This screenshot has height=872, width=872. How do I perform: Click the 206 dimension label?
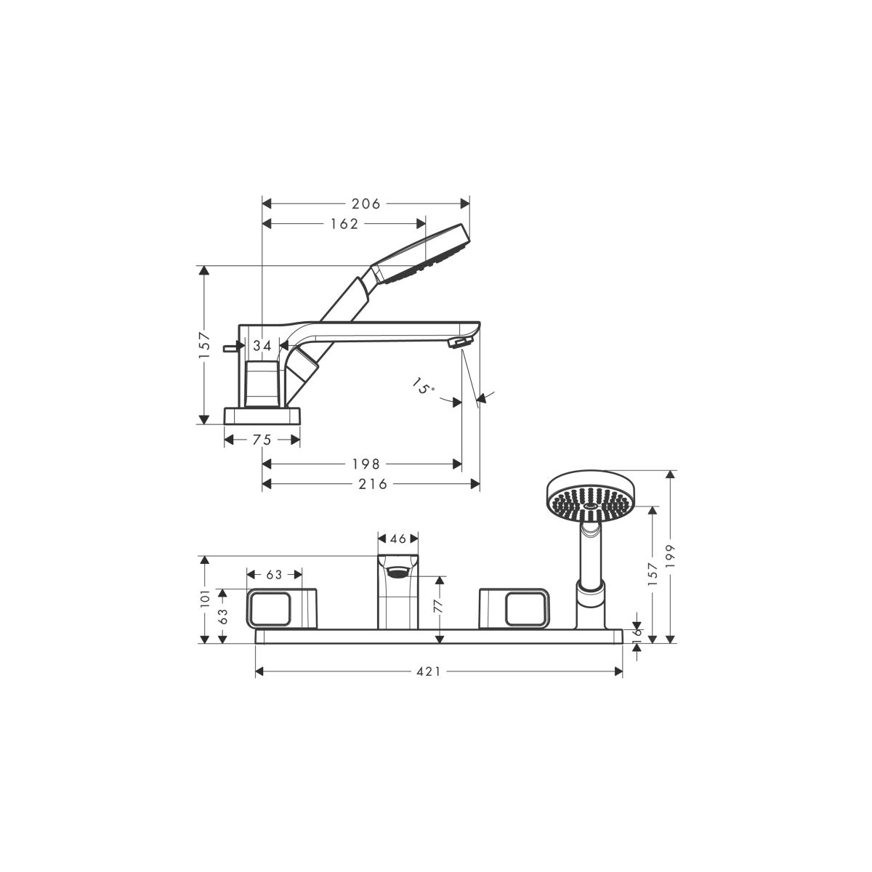pos(366,204)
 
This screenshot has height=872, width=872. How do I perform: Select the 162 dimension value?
pos(344,224)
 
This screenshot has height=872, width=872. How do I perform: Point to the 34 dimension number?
pos(262,346)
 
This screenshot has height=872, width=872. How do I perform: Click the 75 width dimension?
pos(262,440)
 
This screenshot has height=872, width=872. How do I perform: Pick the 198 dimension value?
pos(366,464)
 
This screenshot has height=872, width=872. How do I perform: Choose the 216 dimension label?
pos(373,484)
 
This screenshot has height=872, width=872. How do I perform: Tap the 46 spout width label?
pos(397,538)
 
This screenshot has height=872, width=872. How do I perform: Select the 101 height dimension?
pos(205,597)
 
